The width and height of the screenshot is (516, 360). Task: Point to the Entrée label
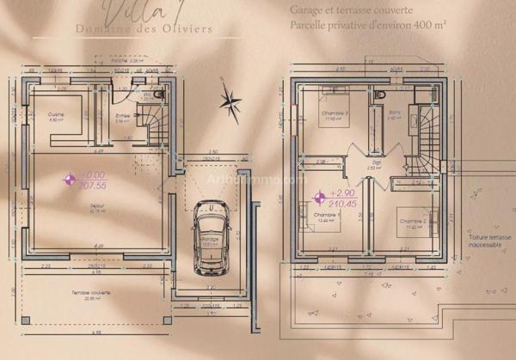click(x=122, y=116)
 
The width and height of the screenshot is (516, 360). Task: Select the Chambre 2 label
click(x=412, y=222)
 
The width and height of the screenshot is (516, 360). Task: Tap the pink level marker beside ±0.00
click(x=70, y=179)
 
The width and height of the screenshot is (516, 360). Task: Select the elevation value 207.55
click(x=92, y=185)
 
